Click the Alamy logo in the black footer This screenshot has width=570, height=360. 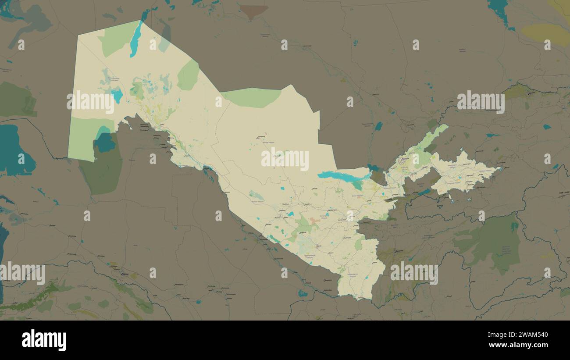(x=44, y=341)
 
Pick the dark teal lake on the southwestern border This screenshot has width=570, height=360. (x=105, y=143)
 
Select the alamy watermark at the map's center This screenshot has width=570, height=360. (x=285, y=159)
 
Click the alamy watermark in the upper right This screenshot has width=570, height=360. (x=481, y=102)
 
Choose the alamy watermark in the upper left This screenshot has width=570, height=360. (x=90, y=102)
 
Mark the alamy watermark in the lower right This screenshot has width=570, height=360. (x=414, y=273)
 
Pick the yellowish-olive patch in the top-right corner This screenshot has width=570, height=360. (x=546, y=34)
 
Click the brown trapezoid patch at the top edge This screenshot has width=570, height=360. (x=254, y=11)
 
